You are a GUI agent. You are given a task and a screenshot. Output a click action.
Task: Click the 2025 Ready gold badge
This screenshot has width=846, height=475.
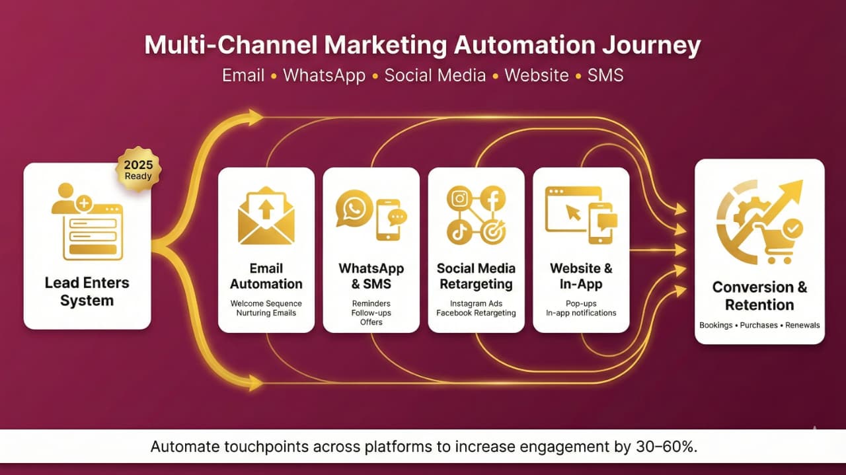coord(138,169)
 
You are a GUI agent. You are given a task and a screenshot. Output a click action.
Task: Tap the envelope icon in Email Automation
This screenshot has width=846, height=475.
coord(266,216)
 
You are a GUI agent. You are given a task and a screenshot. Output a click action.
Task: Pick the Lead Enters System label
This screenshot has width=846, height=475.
coord(87,292)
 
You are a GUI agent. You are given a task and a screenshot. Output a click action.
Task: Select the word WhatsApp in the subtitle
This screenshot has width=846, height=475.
coord(324,75)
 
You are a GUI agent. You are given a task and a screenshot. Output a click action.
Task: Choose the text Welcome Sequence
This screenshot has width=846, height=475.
coord(266,304)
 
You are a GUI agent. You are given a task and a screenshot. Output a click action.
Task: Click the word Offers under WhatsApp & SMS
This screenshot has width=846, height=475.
coord(371,322)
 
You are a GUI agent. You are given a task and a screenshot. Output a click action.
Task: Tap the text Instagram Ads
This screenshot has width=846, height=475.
coord(476,304)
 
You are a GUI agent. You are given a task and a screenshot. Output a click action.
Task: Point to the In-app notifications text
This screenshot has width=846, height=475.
coord(581,312)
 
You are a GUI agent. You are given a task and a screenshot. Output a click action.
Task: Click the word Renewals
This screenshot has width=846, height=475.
coord(802,325)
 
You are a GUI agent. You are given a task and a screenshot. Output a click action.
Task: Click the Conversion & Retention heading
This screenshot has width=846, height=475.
coord(759,296)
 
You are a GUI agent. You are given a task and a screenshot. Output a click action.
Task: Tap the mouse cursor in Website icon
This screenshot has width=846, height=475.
coord(572,212)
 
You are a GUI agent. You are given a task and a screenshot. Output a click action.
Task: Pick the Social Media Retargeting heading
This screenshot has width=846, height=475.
coord(476,276)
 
